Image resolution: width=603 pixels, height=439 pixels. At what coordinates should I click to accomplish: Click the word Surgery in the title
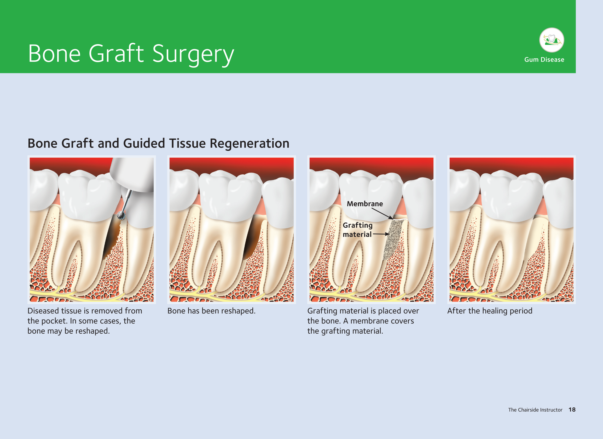(x=193, y=54)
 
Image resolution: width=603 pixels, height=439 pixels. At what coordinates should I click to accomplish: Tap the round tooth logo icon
(x=552, y=40)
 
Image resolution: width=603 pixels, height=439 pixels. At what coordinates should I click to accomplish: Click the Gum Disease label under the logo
(x=544, y=60)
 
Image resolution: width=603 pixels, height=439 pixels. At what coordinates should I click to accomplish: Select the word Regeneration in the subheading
(x=250, y=144)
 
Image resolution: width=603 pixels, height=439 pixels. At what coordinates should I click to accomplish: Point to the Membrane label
(x=365, y=204)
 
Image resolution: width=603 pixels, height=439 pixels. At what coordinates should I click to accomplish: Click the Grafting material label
(x=357, y=230)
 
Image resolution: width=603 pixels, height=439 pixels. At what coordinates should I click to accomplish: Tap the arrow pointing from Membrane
(x=382, y=214)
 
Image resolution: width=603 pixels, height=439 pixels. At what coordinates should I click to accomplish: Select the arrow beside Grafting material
(x=381, y=234)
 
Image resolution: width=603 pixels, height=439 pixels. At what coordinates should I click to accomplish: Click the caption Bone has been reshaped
(x=211, y=311)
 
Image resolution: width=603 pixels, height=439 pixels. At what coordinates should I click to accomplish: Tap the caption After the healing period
(x=490, y=311)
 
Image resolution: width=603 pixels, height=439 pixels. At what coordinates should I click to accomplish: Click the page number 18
(x=572, y=410)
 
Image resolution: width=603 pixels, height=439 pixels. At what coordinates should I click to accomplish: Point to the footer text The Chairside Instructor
(x=535, y=410)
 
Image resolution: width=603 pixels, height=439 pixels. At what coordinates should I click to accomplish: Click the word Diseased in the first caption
(x=43, y=311)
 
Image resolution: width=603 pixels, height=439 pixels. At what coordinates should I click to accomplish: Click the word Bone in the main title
(x=54, y=54)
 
